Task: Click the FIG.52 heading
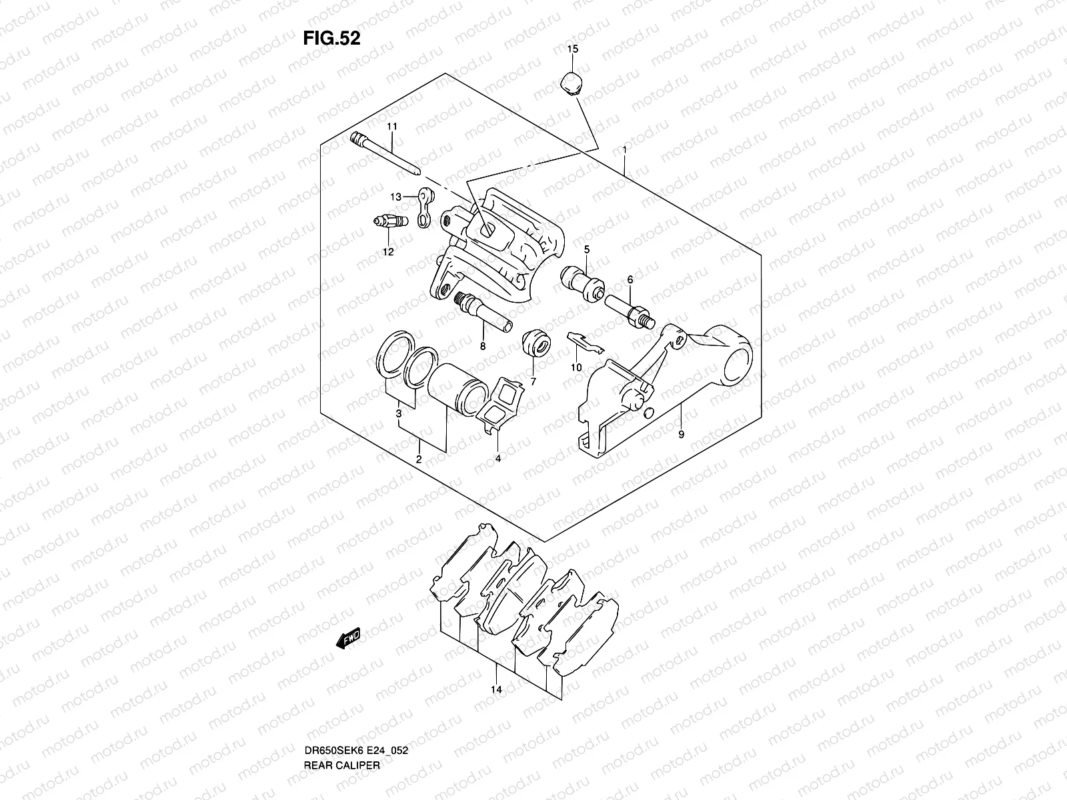(x=331, y=39)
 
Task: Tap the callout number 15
(x=573, y=49)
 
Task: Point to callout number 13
(x=396, y=197)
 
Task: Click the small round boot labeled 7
(x=536, y=343)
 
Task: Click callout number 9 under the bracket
(x=681, y=434)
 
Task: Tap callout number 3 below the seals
(x=399, y=414)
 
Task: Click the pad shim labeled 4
(x=501, y=407)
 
